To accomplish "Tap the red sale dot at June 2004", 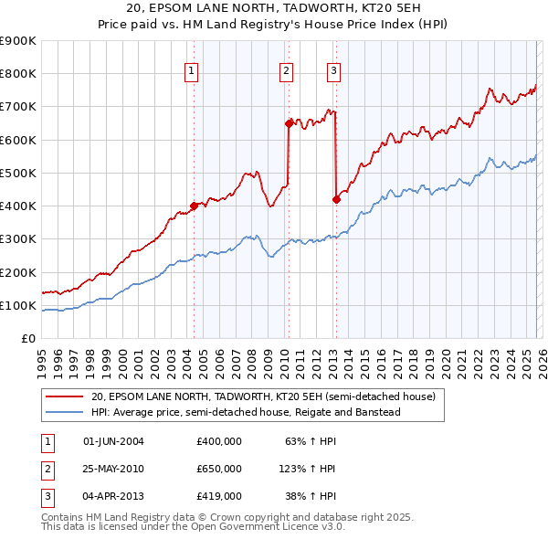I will coord(194,206).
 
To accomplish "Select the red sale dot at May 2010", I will coord(289,122).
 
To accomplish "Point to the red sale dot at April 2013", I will coord(335,199).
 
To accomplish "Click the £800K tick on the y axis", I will coord(18,74).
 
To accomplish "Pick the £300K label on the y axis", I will coord(18,239).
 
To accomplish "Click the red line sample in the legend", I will coord(64,397).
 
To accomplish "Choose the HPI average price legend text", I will coord(246,412).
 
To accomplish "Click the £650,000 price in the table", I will coord(218,469).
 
